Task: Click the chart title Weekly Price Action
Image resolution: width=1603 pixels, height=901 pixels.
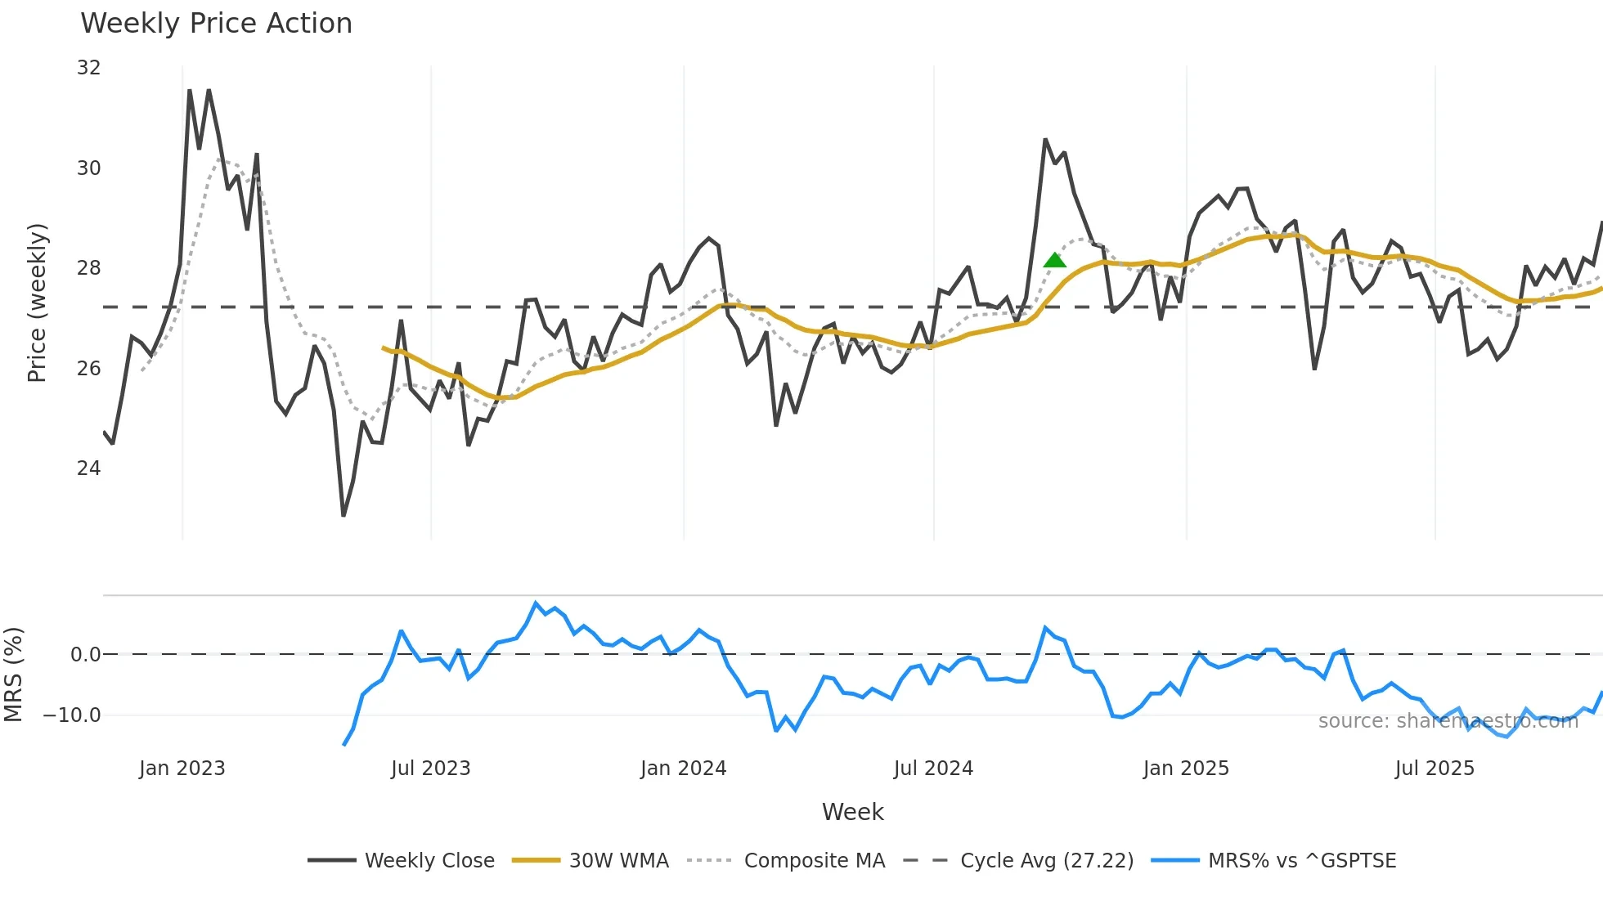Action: click(x=216, y=23)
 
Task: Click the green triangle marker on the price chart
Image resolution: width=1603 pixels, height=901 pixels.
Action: click(x=1055, y=261)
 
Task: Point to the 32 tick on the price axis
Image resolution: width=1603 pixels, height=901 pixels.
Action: click(x=88, y=68)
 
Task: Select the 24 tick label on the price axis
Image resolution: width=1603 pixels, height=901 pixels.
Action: click(x=88, y=468)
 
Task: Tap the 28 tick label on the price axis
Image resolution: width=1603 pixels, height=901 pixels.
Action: click(x=88, y=268)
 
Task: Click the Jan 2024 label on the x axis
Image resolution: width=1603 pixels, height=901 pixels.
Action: click(x=683, y=769)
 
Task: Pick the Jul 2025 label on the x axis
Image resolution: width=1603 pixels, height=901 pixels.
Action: click(x=1435, y=769)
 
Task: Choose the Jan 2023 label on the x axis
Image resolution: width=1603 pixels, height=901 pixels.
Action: click(x=182, y=769)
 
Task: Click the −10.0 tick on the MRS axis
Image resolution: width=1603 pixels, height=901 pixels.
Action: click(x=71, y=715)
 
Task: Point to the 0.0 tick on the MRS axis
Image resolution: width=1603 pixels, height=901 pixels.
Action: click(x=85, y=655)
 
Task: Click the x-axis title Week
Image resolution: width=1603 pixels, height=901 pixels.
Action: click(x=852, y=812)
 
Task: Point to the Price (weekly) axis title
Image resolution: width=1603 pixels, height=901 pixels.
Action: click(x=37, y=303)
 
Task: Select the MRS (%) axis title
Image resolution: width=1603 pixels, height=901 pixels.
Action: click(x=13, y=675)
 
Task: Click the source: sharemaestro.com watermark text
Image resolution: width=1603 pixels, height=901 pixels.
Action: click(x=1448, y=721)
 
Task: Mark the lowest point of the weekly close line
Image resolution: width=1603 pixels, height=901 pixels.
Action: click(x=343, y=515)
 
